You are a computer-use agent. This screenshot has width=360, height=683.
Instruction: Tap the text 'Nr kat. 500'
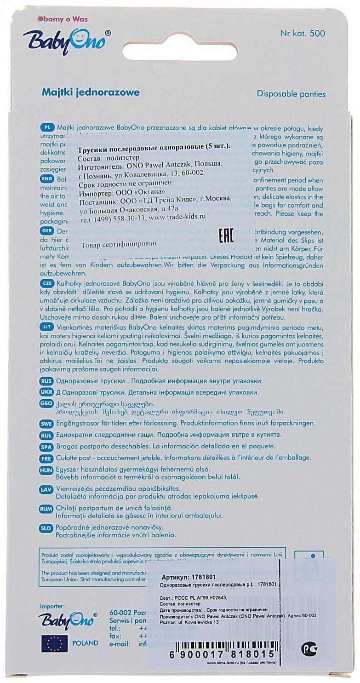(x=302, y=33)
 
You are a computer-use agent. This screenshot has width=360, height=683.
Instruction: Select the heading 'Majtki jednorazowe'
(x=91, y=92)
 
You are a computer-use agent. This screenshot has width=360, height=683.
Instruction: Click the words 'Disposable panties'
(x=291, y=94)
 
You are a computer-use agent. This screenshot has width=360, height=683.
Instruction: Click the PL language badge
(x=47, y=127)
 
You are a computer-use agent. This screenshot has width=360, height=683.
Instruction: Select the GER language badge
(x=47, y=231)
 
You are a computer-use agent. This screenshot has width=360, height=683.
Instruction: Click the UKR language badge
(x=47, y=392)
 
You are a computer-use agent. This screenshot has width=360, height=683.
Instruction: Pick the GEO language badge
(x=47, y=403)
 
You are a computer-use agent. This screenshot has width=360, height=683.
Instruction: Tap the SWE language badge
(x=47, y=423)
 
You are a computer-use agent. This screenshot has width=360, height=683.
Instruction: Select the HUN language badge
(x=47, y=470)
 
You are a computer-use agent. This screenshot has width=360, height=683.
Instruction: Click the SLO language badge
(x=47, y=528)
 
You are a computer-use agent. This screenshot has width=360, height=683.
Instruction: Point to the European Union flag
(x=54, y=643)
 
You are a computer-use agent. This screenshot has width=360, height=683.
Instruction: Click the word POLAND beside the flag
(x=85, y=643)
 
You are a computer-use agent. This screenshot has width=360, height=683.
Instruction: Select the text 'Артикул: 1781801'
(x=189, y=578)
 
